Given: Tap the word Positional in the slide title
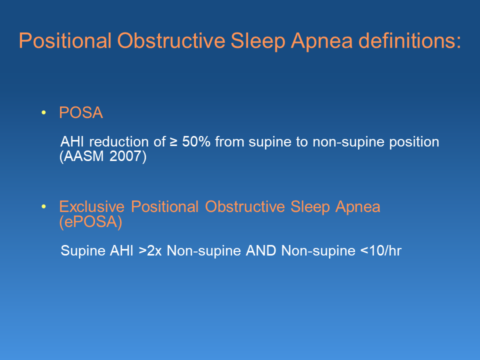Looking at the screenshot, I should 65,41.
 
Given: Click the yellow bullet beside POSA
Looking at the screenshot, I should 43,113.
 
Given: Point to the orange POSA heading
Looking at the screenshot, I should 81,113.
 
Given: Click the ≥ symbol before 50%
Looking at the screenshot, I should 173,142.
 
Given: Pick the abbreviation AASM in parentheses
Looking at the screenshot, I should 84,156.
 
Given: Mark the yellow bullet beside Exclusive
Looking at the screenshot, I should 43,207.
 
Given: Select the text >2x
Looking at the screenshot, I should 150,251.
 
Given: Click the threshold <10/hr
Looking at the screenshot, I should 380,251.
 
